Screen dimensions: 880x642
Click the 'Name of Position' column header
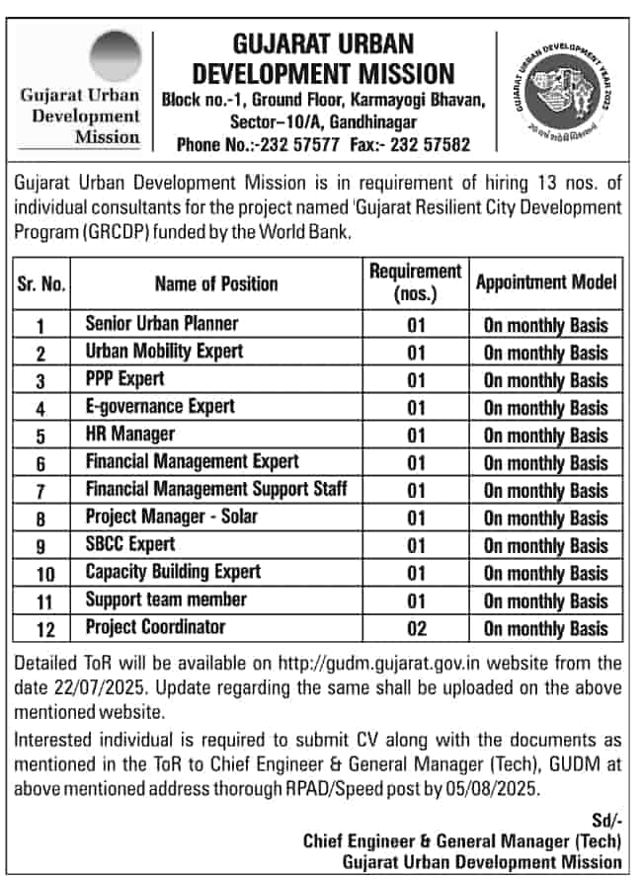(x=216, y=283)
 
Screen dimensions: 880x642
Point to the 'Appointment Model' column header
(x=546, y=282)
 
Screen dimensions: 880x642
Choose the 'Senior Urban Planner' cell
(x=162, y=323)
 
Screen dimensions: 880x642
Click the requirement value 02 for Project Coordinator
(x=415, y=628)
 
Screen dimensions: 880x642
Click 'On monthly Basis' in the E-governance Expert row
(x=546, y=407)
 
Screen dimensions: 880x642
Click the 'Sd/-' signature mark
(x=607, y=819)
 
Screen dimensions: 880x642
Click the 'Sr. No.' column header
(x=41, y=283)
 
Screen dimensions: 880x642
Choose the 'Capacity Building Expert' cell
(x=174, y=572)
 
